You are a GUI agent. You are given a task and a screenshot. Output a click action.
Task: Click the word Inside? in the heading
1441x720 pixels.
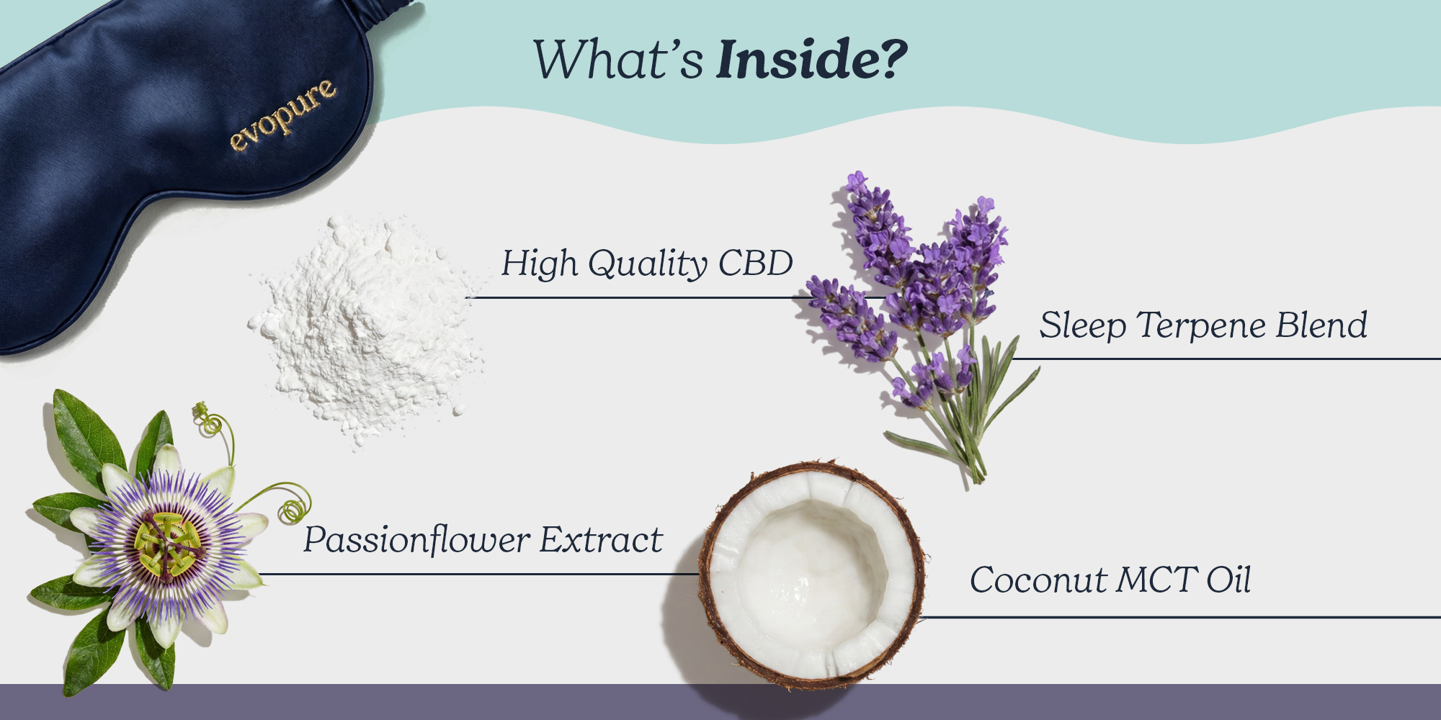[812, 59]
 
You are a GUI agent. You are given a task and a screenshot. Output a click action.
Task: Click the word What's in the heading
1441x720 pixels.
[618, 59]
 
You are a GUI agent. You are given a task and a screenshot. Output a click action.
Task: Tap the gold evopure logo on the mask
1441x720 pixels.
[283, 115]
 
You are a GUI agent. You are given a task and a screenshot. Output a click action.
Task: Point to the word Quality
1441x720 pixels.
[648, 264]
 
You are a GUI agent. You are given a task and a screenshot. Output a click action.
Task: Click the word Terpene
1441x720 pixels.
[1200, 325]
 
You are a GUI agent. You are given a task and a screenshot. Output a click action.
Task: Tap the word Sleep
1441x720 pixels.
[1083, 325]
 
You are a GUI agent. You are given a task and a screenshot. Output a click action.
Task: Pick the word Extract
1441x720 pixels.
[602, 540]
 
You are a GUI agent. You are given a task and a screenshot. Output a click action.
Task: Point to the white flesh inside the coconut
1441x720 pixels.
[813, 572]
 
